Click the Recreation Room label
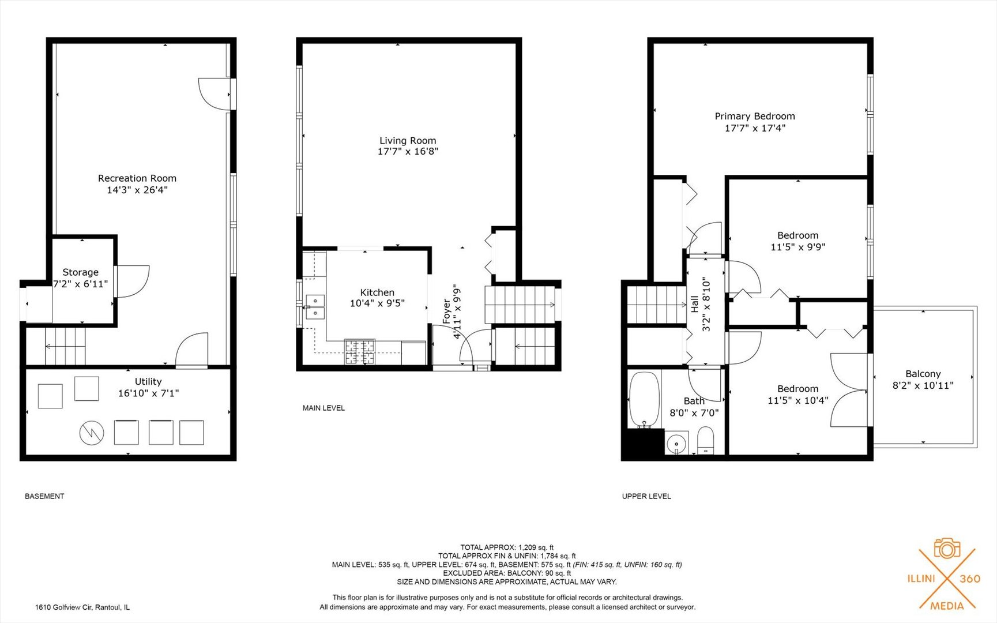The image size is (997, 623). coord(137,178)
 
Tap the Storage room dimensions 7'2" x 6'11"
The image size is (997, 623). coord(81,284)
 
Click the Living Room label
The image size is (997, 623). coord(408,140)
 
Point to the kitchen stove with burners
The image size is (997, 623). coord(360,352)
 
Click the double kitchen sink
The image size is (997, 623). coord(315,307)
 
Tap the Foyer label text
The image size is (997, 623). coord(447,311)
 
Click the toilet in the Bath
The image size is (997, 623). coord(706,441)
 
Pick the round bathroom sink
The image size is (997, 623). coord(676,444)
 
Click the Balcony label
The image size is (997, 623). coord(923,374)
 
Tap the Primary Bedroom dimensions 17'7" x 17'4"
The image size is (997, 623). coord(755,128)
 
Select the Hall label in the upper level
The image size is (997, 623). coord(695,304)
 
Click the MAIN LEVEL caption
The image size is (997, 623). coord(323,408)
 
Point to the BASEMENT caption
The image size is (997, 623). coord(44,496)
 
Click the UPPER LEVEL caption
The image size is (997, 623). coord(646,496)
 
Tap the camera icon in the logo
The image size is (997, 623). coord(947,548)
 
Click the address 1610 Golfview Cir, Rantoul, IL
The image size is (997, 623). coord(82,607)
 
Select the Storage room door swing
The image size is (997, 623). coord(133,281)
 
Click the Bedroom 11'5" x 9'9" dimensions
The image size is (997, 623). coord(798,247)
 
